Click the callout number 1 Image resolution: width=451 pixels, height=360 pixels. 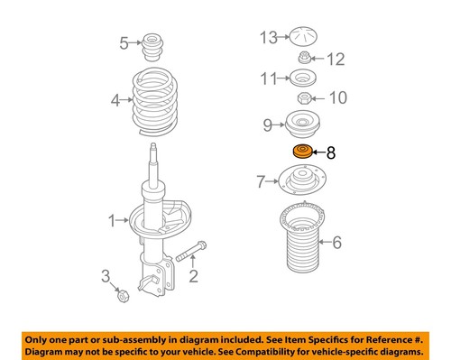click(x=113, y=218)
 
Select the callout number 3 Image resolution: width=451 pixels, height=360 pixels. click(x=106, y=276)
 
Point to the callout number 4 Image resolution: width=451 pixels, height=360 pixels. click(x=115, y=101)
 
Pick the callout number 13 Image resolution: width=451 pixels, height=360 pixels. click(x=266, y=38)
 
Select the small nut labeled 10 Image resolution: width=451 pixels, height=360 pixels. click(x=303, y=99)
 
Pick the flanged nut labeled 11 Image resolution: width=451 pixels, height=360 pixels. click(x=302, y=78)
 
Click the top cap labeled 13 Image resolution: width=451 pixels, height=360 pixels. click(x=301, y=38)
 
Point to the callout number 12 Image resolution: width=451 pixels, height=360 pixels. click(x=336, y=60)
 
